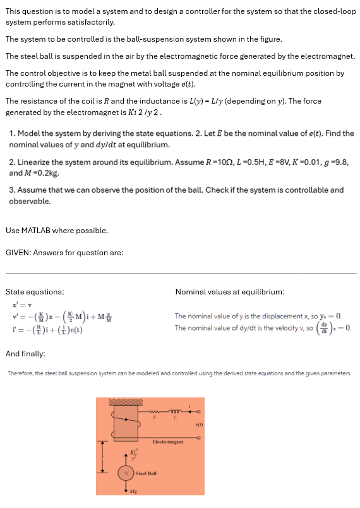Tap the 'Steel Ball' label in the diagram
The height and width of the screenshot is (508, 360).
click(146, 473)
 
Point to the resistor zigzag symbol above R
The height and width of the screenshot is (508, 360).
click(153, 409)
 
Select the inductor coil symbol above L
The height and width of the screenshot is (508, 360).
click(172, 409)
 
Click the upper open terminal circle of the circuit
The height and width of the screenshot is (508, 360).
click(201, 409)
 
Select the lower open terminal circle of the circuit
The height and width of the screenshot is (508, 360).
click(201, 435)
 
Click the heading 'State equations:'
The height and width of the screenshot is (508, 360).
click(34, 292)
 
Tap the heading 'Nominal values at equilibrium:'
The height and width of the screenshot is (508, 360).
click(229, 292)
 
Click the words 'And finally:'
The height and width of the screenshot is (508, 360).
click(25, 354)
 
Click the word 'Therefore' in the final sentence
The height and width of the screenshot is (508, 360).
click(20, 373)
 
